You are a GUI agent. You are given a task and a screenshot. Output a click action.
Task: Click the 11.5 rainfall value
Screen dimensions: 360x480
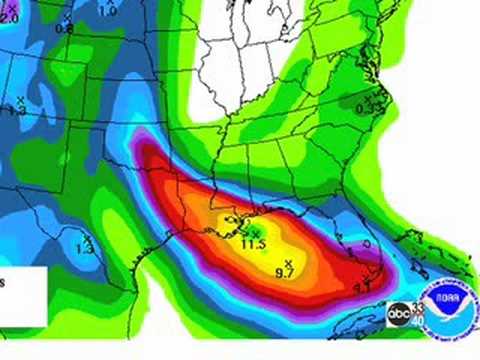(x=253, y=244)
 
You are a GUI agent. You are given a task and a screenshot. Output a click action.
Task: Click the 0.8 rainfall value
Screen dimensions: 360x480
(x=64, y=29)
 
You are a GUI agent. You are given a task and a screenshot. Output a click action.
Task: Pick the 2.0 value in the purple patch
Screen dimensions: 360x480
(x=10, y=19)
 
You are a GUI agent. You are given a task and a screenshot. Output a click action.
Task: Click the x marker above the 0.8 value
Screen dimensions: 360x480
(x=66, y=18)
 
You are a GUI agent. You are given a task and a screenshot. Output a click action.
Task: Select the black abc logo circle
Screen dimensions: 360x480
(x=400, y=315)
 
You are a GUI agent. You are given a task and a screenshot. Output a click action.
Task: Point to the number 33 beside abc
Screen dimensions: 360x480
(x=416, y=307)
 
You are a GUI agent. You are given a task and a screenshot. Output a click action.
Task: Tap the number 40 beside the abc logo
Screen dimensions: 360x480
(x=417, y=320)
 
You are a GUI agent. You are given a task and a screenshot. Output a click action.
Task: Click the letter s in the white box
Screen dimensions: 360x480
(x=3, y=283)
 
